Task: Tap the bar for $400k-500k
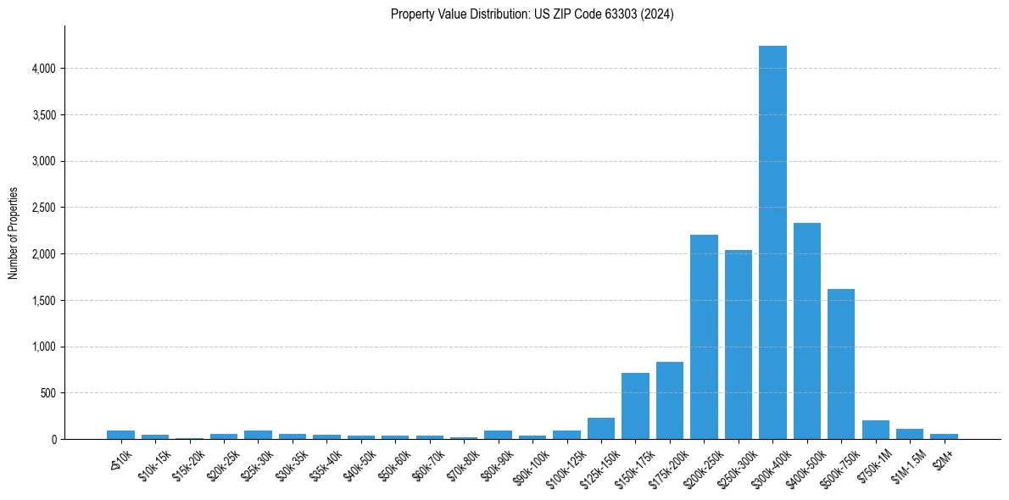(806, 331)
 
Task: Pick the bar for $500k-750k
(841, 364)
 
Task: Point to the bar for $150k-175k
(635, 406)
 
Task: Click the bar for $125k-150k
(600, 429)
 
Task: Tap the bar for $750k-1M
(875, 430)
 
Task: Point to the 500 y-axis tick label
(47, 393)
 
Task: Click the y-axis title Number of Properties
(13, 232)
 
